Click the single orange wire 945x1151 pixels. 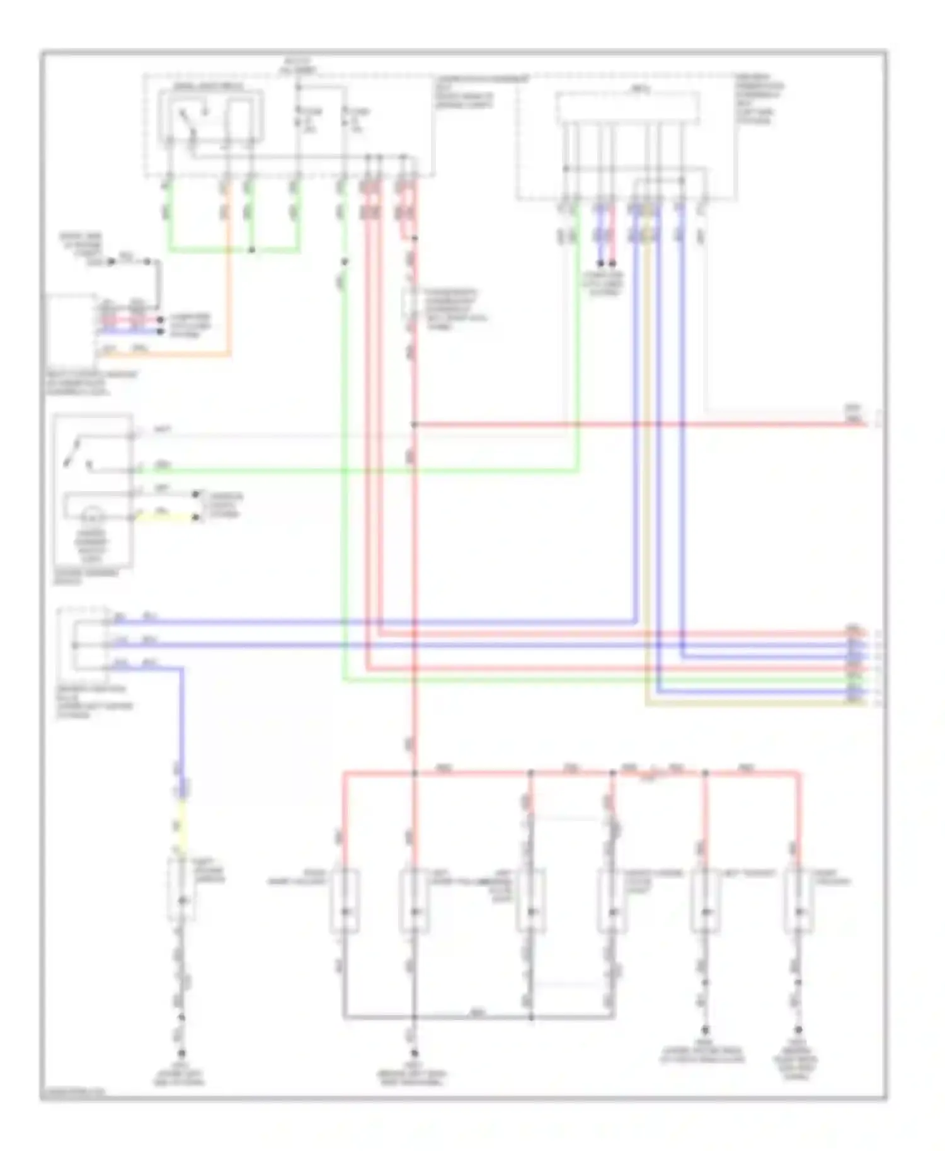[x=229, y=283]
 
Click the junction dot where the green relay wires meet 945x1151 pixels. [x=251, y=250]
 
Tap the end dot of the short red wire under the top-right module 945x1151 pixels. [x=612, y=263]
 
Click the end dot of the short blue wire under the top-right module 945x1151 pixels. [x=600, y=263]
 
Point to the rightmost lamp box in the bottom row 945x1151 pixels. [x=798, y=900]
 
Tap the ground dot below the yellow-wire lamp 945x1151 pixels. [x=182, y=1053]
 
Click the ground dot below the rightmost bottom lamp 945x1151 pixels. [x=798, y=1030]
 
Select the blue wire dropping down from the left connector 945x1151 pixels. [x=183, y=724]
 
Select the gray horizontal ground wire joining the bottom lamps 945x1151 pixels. [x=479, y=1016]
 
